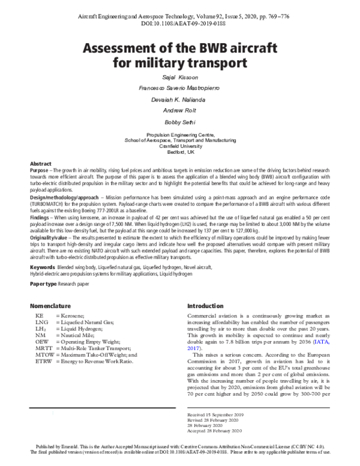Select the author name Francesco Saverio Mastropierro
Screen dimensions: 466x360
click(x=179, y=89)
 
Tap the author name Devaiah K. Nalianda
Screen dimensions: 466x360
click(x=179, y=100)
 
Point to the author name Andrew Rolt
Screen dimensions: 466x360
click(x=179, y=110)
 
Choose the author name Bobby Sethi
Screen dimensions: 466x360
click(x=179, y=121)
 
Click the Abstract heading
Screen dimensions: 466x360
click(x=41, y=164)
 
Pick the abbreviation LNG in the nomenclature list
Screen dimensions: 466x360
click(x=41, y=322)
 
